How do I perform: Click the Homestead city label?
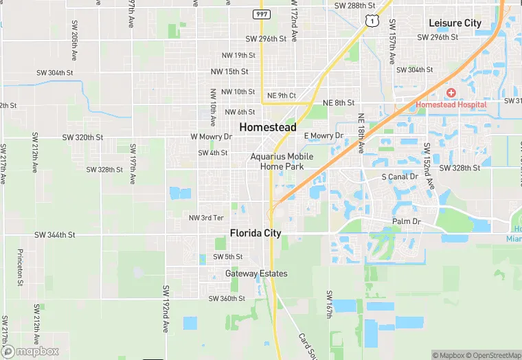[268, 127]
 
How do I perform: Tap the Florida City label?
[256, 233]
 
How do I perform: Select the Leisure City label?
[455, 23]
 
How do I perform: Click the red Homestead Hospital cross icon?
[451, 93]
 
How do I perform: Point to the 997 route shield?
[261, 14]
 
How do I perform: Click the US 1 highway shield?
[371, 22]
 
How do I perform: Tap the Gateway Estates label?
[256, 273]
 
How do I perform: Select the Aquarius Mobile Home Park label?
[282, 161]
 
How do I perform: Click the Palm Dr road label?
[405, 222]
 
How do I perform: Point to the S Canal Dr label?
[400, 177]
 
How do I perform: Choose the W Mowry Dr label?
[212, 137]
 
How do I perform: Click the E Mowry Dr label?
[323, 136]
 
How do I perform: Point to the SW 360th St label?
[227, 299]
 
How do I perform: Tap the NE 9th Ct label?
[282, 95]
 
